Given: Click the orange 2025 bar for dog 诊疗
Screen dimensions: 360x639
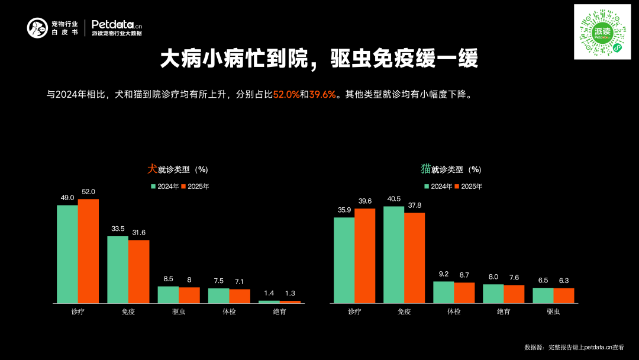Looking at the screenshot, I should coord(88,251).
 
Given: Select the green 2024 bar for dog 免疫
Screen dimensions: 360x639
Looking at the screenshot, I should coord(118,269).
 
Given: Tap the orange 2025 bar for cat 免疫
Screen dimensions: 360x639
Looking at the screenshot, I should coord(415,258).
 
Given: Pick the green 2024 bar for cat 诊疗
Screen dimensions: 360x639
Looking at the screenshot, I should coord(344,260).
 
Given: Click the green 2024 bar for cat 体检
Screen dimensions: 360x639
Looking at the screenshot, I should coord(443,292).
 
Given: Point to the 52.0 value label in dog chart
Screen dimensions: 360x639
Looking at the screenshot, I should coord(88,192).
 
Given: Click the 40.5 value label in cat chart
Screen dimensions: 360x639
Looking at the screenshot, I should coord(393,199).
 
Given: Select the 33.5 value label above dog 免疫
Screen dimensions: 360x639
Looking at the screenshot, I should coord(118,229).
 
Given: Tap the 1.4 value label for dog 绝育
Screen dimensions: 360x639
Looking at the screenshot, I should coord(269,293).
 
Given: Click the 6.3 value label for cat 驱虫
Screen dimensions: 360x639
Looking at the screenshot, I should coord(564,281).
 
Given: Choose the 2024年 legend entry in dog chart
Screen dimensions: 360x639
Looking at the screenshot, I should coord(165,187).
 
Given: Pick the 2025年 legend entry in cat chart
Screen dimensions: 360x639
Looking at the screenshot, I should coord(468,187).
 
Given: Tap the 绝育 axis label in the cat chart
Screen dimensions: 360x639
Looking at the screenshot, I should coord(504,311).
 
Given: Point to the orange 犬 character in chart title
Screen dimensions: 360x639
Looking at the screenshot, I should coord(152,169).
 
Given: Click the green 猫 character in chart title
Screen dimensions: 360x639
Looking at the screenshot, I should coord(425,169).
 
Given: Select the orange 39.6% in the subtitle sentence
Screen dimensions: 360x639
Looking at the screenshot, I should coord(322,95).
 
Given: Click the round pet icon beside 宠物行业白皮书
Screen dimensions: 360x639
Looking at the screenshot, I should coord(37,28).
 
